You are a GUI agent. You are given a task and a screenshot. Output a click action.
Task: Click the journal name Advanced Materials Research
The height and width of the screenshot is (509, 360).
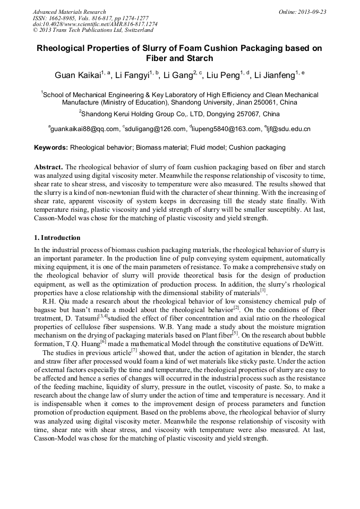(69, 12)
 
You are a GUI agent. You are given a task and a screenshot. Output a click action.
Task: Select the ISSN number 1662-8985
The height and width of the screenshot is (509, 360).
(64, 18)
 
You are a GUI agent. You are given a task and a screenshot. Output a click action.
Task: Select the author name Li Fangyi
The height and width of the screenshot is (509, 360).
(132, 76)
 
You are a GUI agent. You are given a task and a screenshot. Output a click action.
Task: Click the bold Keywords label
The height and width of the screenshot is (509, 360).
(51, 148)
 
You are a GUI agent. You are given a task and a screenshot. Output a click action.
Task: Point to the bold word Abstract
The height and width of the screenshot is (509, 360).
(49, 166)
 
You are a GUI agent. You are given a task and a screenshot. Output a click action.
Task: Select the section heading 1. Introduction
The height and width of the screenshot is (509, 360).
(57, 238)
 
